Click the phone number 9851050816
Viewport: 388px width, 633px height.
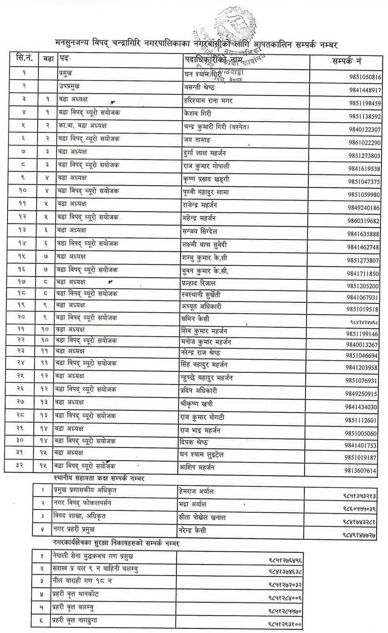[365, 77]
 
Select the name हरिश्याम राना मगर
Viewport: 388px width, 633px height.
[208, 101]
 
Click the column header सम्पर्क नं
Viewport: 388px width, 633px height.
[346, 61]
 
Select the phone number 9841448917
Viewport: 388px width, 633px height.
[365, 90]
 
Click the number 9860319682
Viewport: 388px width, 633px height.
[363, 221]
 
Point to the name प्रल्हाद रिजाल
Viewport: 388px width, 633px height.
[199, 284]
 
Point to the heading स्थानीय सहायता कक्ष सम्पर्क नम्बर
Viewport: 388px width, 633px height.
[99, 478]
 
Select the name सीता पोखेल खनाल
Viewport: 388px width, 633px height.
[203, 517]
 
